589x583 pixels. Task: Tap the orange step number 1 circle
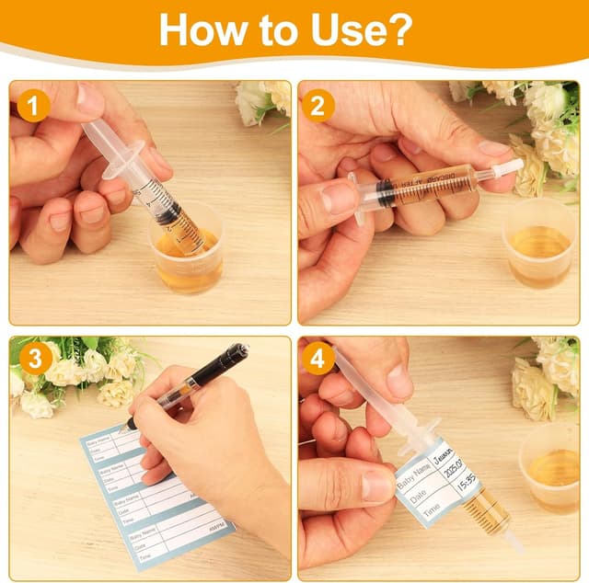34,108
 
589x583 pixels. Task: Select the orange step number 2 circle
318,108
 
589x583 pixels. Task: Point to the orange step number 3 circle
34,358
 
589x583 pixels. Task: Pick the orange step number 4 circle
318,358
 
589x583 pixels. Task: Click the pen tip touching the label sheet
130,426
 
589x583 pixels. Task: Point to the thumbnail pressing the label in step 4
376,486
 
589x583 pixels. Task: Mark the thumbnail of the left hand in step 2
338,198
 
